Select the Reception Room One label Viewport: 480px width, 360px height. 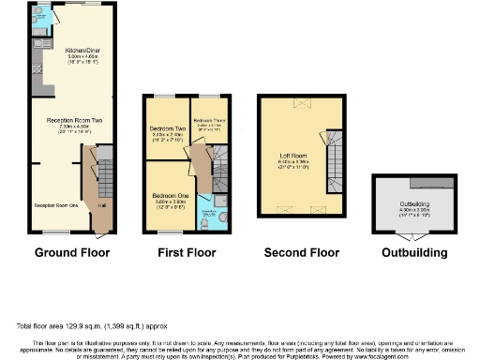[54, 203]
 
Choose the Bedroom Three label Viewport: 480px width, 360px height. [209, 121]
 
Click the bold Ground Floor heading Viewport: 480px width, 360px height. [72, 253]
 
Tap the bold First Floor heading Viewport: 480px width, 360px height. [187, 253]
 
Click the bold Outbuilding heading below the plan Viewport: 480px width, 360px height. [415, 253]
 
